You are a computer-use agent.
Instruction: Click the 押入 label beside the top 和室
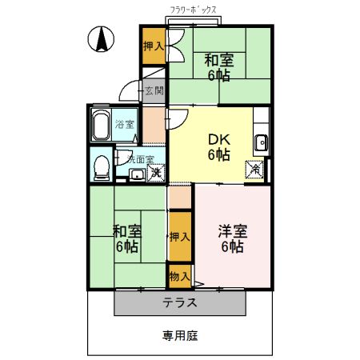pos(154,46)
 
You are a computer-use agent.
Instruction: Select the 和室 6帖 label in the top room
pos(218,67)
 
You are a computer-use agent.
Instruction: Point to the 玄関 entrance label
pos(154,91)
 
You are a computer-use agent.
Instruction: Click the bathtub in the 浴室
pos(101,126)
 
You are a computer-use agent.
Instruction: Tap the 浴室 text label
pos(124,125)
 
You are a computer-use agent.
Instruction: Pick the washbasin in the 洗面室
pos(137,174)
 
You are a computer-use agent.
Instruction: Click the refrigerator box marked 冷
pos(254,170)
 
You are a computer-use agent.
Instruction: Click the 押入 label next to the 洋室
pos(180,237)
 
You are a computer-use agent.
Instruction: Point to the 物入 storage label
pos(180,277)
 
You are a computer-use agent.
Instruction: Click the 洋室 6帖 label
pos(232,238)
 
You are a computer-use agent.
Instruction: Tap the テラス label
pos(180,303)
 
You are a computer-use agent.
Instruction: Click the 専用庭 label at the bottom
pos(179,336)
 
